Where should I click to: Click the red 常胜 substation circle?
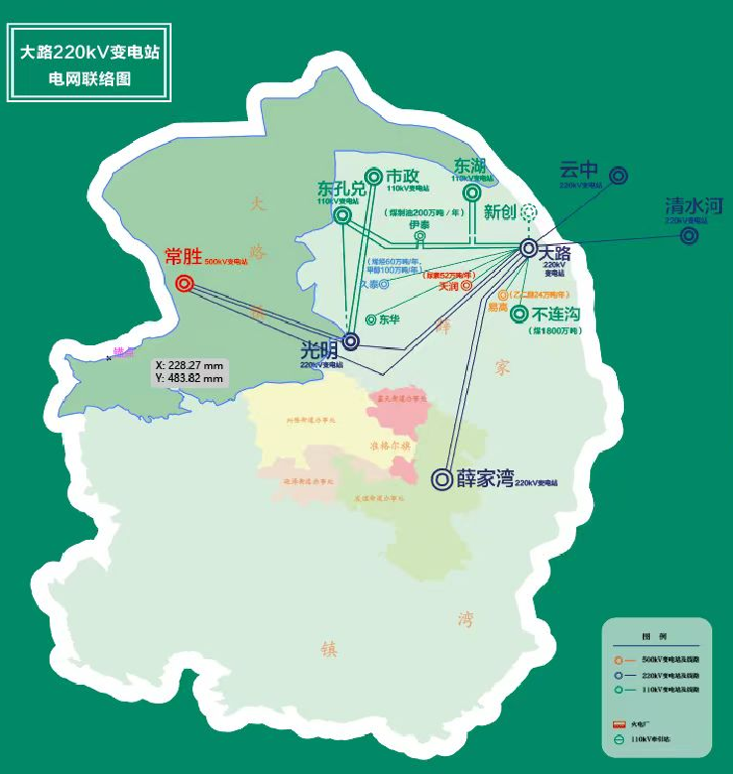click(184, 284)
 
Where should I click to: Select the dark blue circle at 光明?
click(350, 340)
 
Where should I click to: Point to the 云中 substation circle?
click(618, 176)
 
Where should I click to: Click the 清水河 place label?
click(694, 206)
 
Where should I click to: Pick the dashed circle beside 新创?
click(529, 211)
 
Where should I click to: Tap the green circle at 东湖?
click(472, 193)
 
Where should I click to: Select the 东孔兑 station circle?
click(342, 215)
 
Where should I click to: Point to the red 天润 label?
click(448, 287)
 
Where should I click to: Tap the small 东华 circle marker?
click(370, 320)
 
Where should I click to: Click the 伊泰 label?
click(420, 224)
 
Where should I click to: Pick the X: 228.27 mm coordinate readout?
click(190, 365)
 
